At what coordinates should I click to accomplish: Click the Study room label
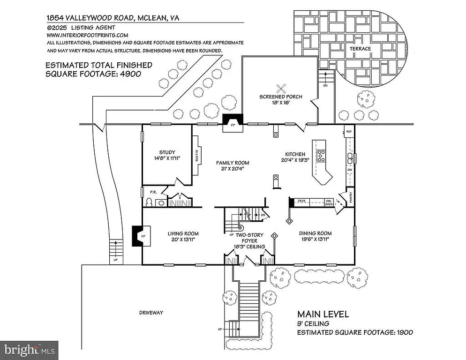(167, 152)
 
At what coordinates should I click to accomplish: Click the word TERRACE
(359, 49)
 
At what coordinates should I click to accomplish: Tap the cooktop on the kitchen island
(322, 156)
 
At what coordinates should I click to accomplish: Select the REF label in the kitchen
(349, 132)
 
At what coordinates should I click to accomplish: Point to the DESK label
(301, 201)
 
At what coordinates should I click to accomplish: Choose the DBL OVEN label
(329, 202)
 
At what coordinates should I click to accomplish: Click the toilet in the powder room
(149, 202)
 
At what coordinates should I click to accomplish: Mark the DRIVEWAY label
(151, 313)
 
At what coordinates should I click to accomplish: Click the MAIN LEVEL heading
(323, 314)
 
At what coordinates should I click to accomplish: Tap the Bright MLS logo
(29, 350)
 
